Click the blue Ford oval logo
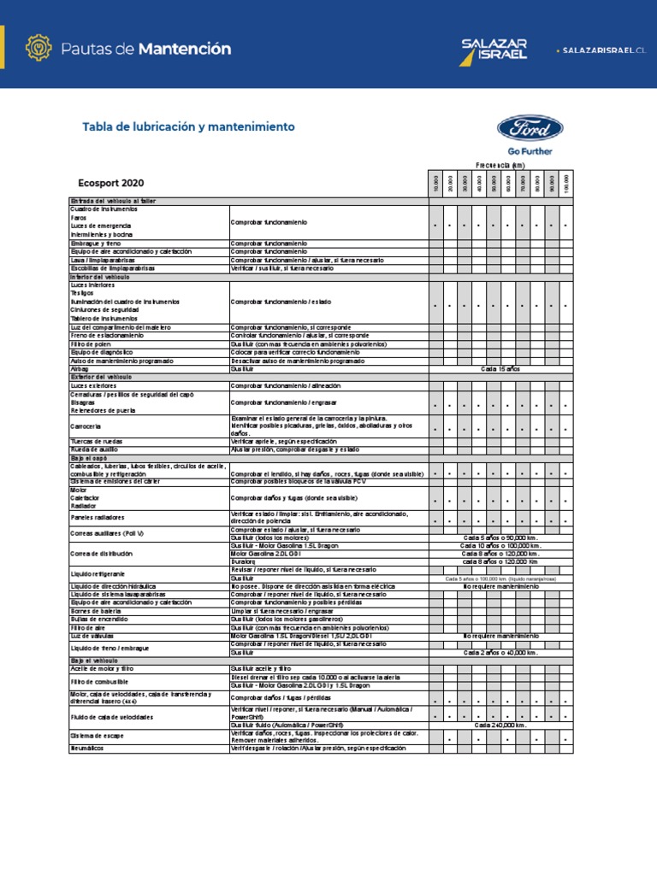[x=530, y=130]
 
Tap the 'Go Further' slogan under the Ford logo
[x=530, y=151]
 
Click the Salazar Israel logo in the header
[x=494, y=49]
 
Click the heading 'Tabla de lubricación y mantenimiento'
[x=188, y=126]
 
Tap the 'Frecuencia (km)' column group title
[x=500, y=164]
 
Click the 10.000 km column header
[x=436, y=182]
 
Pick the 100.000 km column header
[x=566, y=182]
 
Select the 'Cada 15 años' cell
[x=500, y=368]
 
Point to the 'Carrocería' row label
[x=86, y=426]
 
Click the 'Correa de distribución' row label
[x=102, y=554]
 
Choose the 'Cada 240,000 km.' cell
[x=500, y=725]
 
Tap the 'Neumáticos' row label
[x=86, y=748]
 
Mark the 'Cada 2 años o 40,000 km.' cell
[x=500, y=652]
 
